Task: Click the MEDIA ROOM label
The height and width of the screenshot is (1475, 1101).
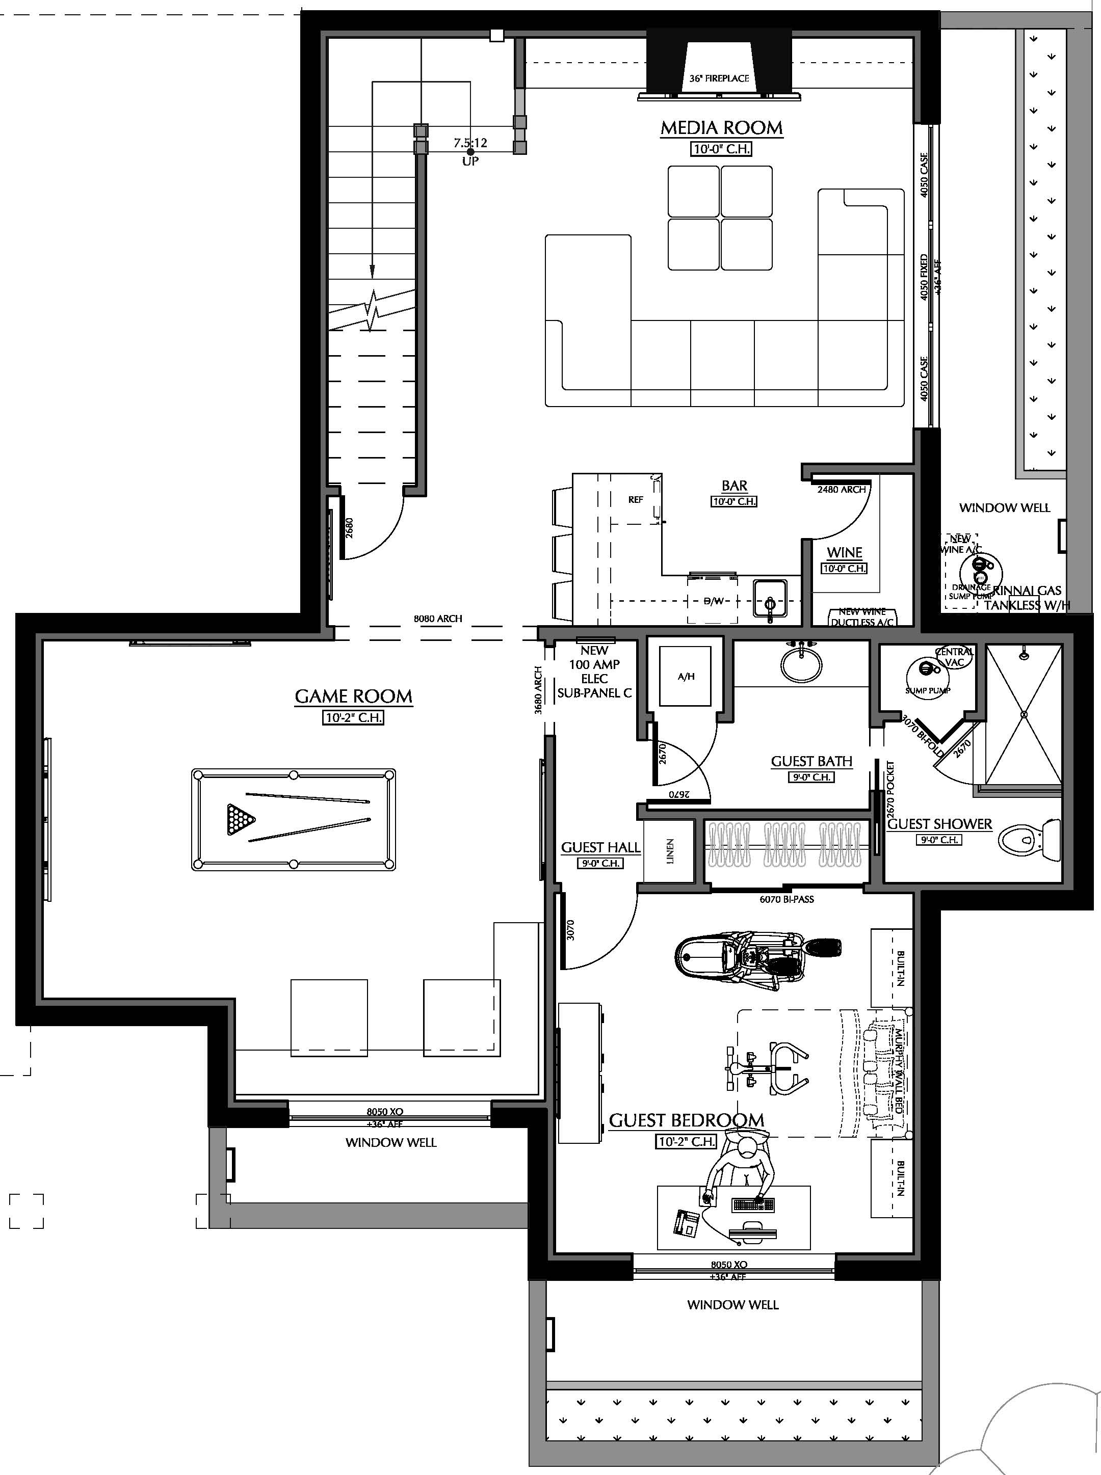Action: coord(721,128)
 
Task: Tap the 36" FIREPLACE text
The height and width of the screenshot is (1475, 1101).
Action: coord(719,78)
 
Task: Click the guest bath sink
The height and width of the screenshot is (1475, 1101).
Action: coord(801,663)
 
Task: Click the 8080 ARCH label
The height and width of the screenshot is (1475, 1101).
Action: coord(438,618)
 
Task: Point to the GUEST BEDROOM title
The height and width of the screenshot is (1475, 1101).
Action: coord(687,1120)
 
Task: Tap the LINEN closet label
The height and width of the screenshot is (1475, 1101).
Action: coord(670,851)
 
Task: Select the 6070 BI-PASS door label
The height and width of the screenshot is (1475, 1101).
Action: coord(787,899)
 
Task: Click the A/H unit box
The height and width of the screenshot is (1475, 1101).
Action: coord(685,676)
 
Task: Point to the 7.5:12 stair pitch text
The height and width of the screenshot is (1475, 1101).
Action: coord(470,143)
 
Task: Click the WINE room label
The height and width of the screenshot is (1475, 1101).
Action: coord(845,552)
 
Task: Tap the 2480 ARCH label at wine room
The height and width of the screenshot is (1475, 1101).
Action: coord(841,489)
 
